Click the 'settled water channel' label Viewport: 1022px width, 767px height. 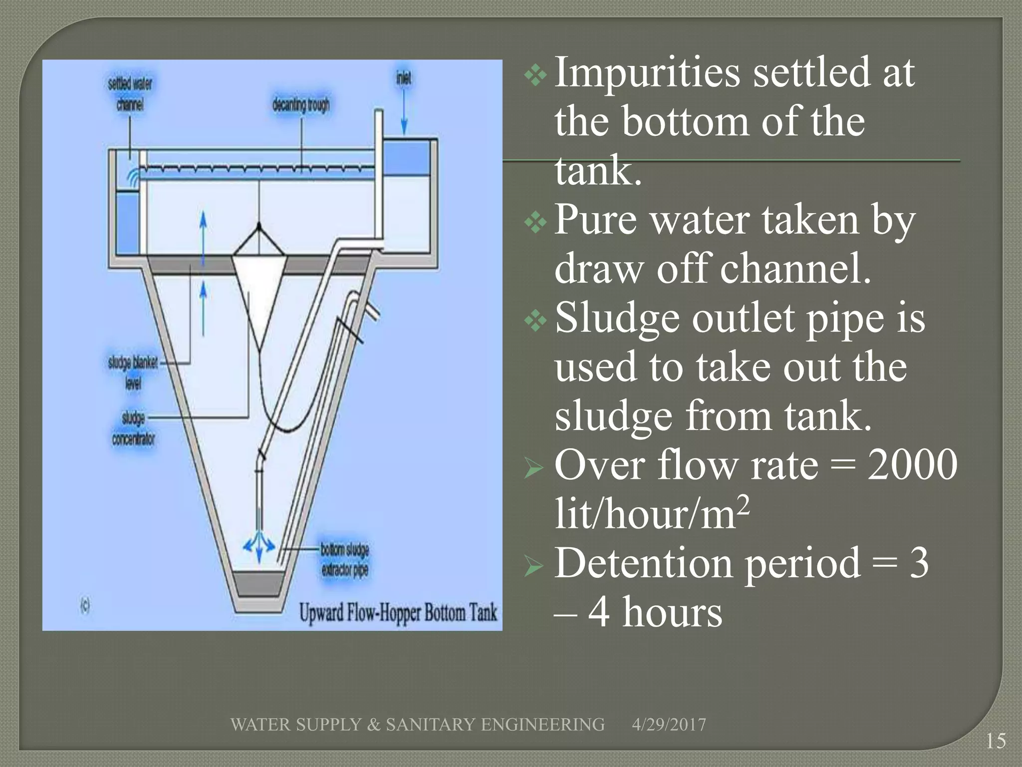[x=130, y=94]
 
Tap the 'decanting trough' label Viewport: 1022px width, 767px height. [x=301, y=105]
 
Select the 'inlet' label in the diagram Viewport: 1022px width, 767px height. [x=404, y=78]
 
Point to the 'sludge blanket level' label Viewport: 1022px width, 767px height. [x=133, y=372]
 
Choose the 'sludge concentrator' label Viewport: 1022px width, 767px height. [x=133, y=428]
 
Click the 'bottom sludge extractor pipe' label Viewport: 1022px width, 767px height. [x=345, y=560]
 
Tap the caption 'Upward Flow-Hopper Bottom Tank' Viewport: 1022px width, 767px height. [x=398, y=613]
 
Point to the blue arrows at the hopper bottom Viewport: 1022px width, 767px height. [x=259, y=546]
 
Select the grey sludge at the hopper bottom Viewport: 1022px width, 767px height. [x=259, y=583]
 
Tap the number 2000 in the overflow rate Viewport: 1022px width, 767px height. [x=912, y=465]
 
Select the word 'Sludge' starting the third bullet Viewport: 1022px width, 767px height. [x=617, y=318]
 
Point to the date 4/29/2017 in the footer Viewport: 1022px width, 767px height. [x=669, y=725]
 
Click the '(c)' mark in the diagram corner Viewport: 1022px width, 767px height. [x=85, y=606]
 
